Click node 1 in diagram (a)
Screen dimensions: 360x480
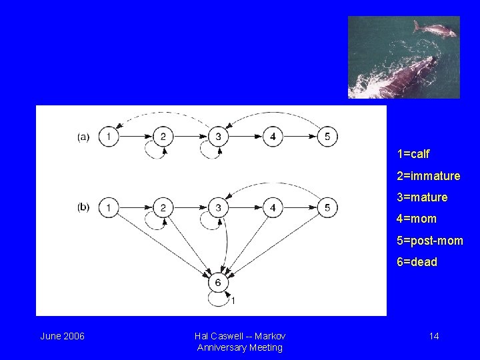(x=108, y=137)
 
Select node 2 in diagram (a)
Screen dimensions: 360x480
(x=163, y=137)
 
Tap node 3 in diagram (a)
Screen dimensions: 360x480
(x=217, y=137)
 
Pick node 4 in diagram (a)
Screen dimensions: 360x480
(x=273, y=137)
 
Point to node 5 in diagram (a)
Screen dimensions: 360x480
(x=327, y=137)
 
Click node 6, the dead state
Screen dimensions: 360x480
(x=217, y=283)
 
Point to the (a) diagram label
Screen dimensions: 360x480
(x=83, y=137)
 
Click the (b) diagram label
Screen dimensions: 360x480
(x=83, y=207)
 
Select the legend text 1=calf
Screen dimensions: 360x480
(x=413, y=154)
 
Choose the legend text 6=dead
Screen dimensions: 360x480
(x=417, y=262)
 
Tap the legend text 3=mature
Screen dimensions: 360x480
(x=422, y=197)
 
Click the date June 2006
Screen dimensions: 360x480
(x=62, y=336)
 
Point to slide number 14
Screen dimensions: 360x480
(x=433, y=336)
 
